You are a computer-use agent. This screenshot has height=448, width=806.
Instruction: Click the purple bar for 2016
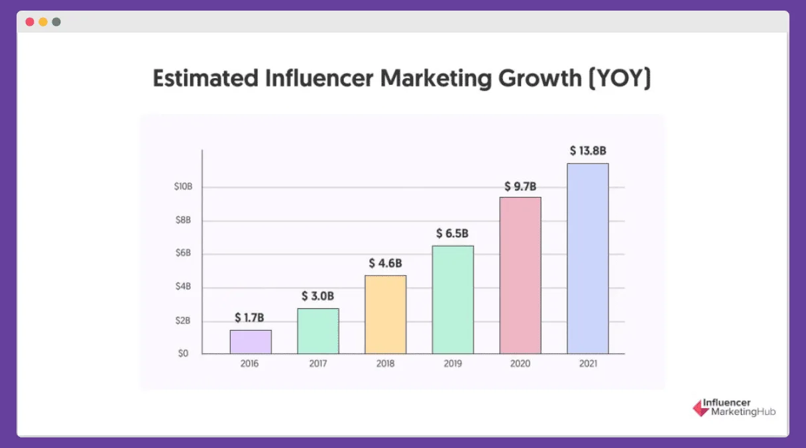pos(251,342)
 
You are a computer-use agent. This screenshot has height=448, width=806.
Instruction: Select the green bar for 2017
pos(318,331)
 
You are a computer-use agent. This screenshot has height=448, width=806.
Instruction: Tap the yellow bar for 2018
pos(385,314)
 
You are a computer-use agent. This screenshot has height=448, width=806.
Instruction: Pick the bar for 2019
pos(453,300)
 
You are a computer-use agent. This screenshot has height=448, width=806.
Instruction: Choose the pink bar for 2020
pos(520,275)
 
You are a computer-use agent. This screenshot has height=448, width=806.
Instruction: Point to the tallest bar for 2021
pos(588,258)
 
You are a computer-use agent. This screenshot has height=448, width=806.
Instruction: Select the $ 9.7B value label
pos(520,185)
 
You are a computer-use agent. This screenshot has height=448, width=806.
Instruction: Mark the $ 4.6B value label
pos(386,263)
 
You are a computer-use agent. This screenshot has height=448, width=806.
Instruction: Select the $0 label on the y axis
pos(183,354)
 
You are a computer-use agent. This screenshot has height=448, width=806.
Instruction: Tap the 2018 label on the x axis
pos(386,364)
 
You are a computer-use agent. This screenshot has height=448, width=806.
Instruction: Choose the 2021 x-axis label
pos(588,364)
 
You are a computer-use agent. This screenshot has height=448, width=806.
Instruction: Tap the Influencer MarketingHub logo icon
pos(700,408)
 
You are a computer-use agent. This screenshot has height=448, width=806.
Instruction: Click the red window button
pos(30,22)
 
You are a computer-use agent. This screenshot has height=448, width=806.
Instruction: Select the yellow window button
pos(43,22)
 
